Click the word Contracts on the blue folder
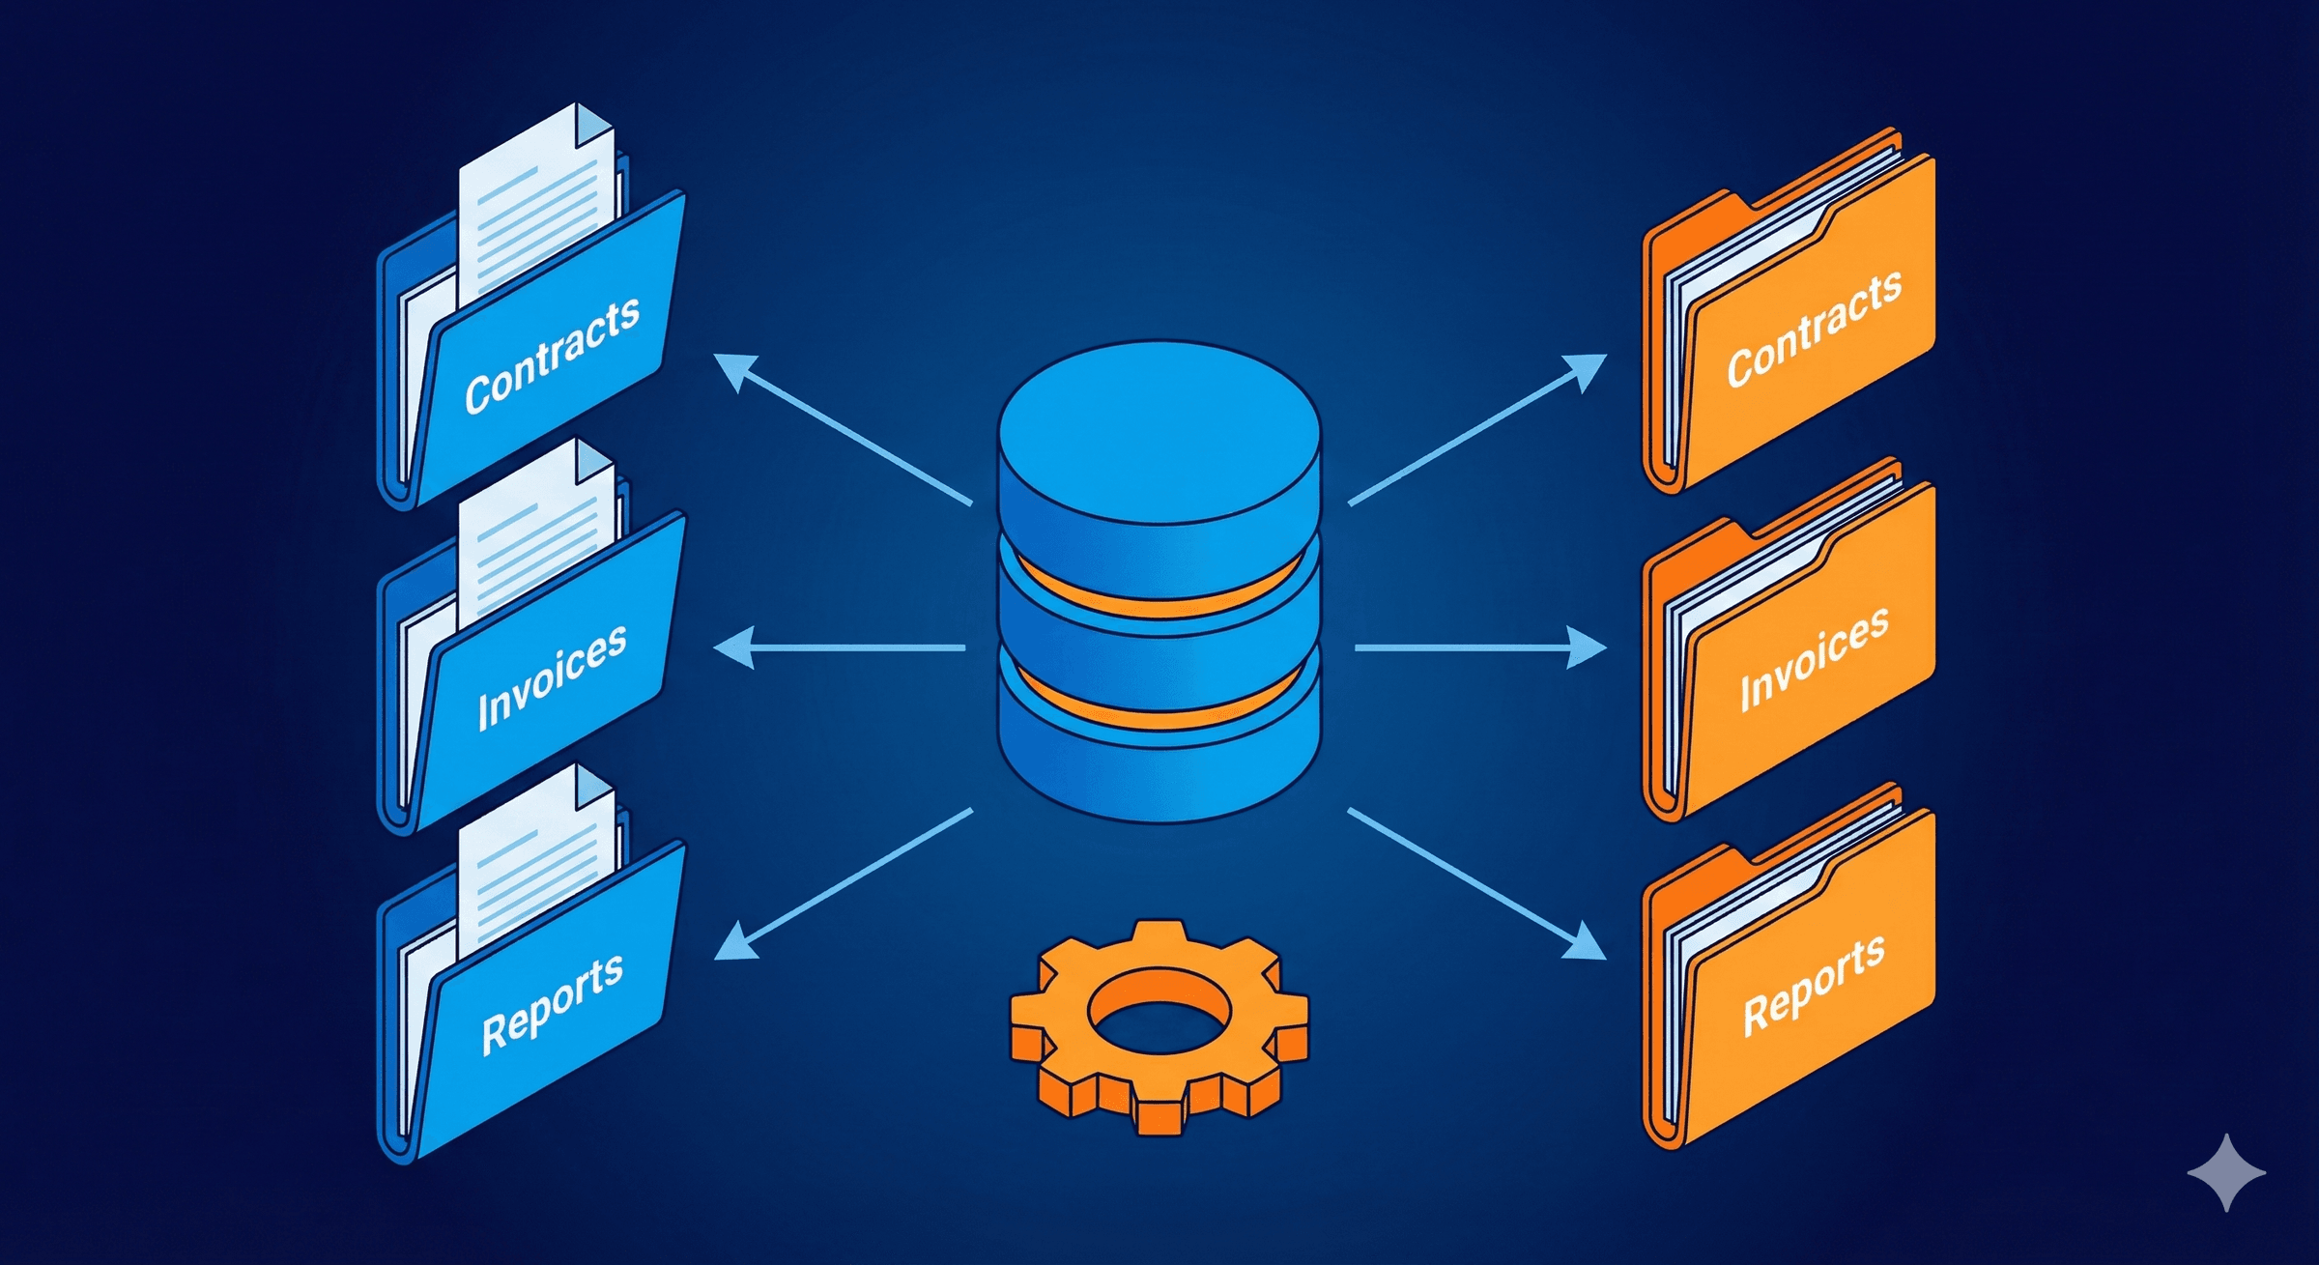[x=552, y=355]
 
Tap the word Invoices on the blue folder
[x=552, y=676]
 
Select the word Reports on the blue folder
[x=552, y=1002]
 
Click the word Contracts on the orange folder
[x=1814, y=328]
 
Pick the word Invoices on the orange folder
[x=1814, y=658]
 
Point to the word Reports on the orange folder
[x=1814, y=985]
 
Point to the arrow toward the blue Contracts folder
[x=841, y=428]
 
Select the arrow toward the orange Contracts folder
[x=1478, y=428]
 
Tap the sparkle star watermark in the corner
[x=2226, y=1172]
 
